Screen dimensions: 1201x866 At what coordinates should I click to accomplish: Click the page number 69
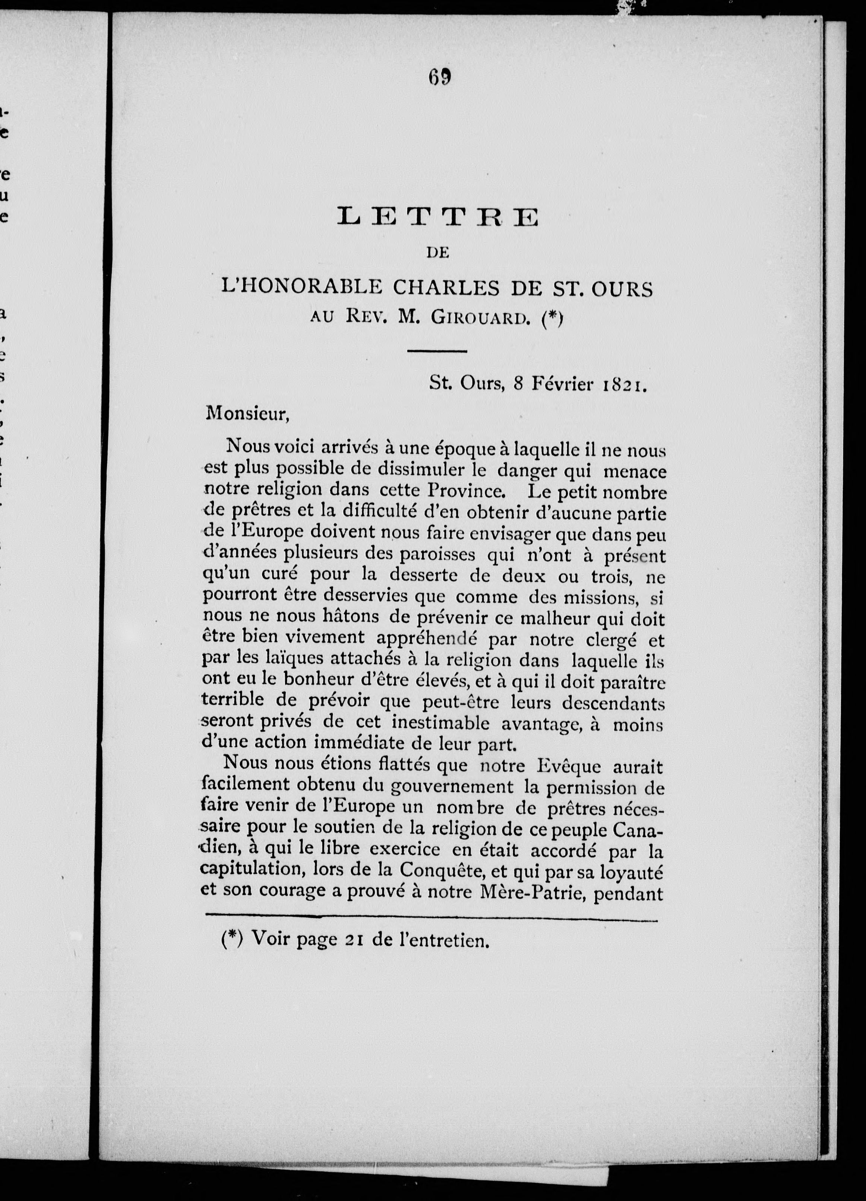tap(440, 78)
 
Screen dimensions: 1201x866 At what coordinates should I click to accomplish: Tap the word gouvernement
tap(452, 788)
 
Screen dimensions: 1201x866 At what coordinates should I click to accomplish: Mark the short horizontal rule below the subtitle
tap(437, 351)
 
